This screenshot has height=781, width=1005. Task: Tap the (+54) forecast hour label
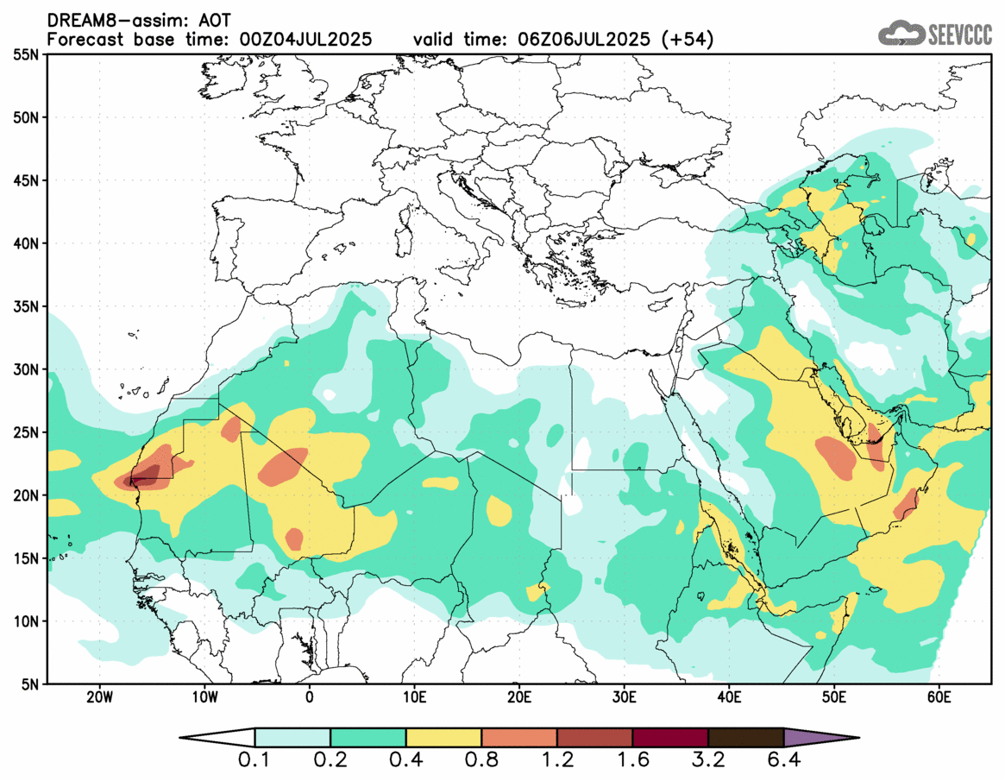tap(686, 40)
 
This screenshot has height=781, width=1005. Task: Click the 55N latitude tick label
tap(27, 54)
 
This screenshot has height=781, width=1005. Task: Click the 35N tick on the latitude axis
tap(27, 306)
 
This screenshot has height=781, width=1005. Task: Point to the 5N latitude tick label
tap(31, 683)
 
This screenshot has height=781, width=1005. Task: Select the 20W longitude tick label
tap(100, 696)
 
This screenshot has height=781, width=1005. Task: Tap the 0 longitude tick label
tap(310, 696)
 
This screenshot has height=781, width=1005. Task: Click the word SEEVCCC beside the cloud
tap(959, 35)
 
